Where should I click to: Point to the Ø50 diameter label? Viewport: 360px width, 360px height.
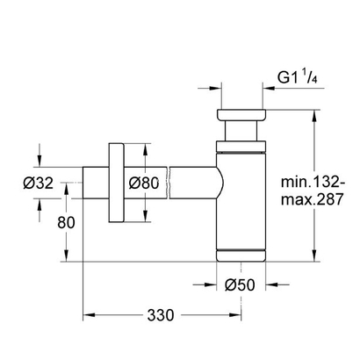click(x=240, y=284)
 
